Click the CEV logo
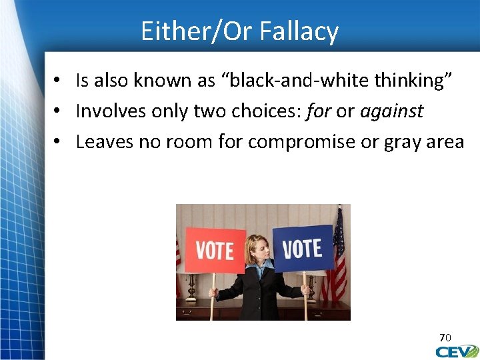(457, 351)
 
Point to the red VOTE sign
(215, 251)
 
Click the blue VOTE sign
(303, 248)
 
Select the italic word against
(391, 111)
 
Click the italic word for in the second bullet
(319, 111)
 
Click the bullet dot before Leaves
(59, 142)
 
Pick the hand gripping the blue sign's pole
(305, 291)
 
